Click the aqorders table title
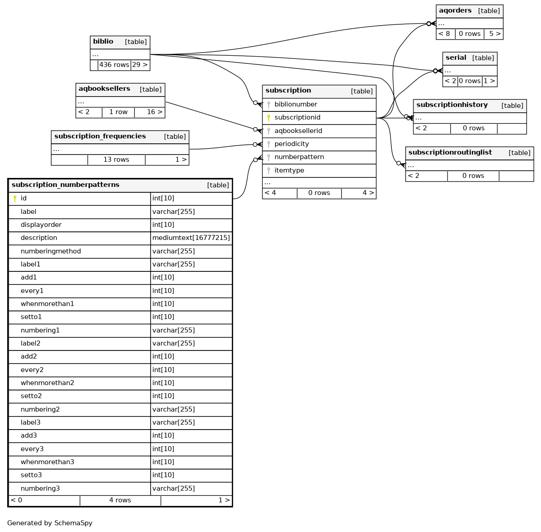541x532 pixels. (x=455, y=11)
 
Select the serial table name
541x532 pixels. (x=456, y=58)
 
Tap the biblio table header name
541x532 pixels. (x=103, y=42)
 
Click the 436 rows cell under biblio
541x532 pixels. (x=114, y=65)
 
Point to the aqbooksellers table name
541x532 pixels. (x=104, y=89)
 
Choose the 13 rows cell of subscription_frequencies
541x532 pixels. (x=116, y=160)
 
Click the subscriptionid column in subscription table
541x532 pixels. (x=297, y=117)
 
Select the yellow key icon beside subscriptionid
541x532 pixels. (x=269, y=118)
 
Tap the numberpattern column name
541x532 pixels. (x=299, y=157)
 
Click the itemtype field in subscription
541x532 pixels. (x=289, y=170)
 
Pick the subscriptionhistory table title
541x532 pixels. (x=452, y=105)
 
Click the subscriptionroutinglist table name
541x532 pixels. (x=450, y=153)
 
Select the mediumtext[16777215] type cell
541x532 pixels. (x=191, y=238)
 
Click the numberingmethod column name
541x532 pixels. (x=51, y=251)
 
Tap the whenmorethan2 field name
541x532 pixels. (x=47, y=383)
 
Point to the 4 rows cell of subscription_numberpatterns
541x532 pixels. (x=120, y=500)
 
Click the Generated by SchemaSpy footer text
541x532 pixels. (x=50, y=523)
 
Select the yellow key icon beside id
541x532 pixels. (x=15, y=199)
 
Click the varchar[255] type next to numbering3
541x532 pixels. (x=173, y=488)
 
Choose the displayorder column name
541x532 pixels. (x=41, y=225)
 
